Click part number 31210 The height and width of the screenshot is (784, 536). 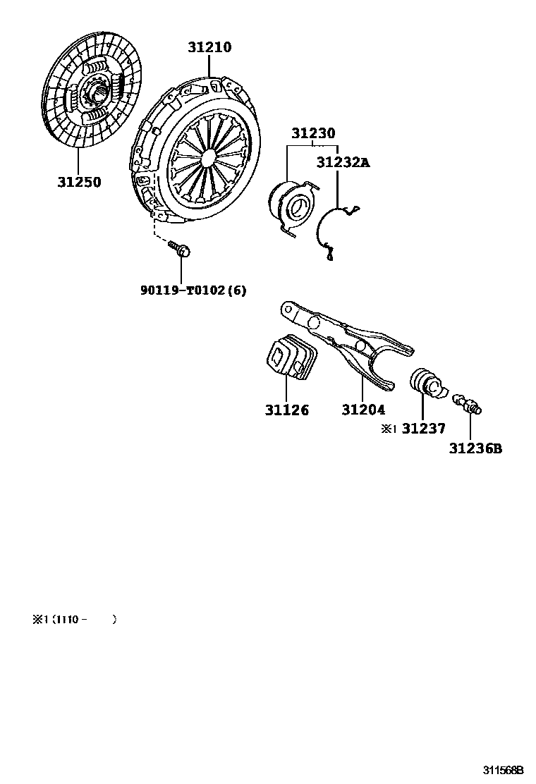click(209, 48)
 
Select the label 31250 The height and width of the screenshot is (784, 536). click(79, 182)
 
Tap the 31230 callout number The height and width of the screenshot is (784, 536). click(314, 133)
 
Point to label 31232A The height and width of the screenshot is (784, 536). click(343, 162)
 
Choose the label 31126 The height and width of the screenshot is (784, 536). click(287, 410)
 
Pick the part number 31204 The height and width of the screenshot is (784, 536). click(363, 410)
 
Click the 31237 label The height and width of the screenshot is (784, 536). click(425, 428)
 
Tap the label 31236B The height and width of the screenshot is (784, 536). click(475, 448)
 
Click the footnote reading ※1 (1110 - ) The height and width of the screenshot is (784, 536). click(74, 619)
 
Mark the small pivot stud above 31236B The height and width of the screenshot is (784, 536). click(468, 404)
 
